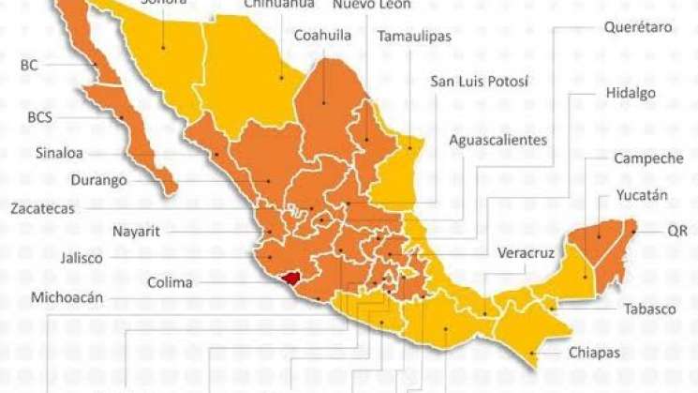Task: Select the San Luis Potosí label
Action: coord(479,81)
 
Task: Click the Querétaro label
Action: coord(638,27)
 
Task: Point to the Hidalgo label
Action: coord(631,93)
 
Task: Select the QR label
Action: coord(676,230)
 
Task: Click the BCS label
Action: coord(39,118)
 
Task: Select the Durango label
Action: coord(98,180)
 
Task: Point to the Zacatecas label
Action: coord(42,209)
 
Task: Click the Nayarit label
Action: coord(139,230)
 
